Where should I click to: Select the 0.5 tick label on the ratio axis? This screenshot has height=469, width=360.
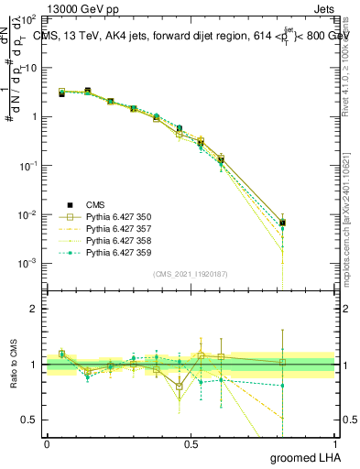pos(30,420)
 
